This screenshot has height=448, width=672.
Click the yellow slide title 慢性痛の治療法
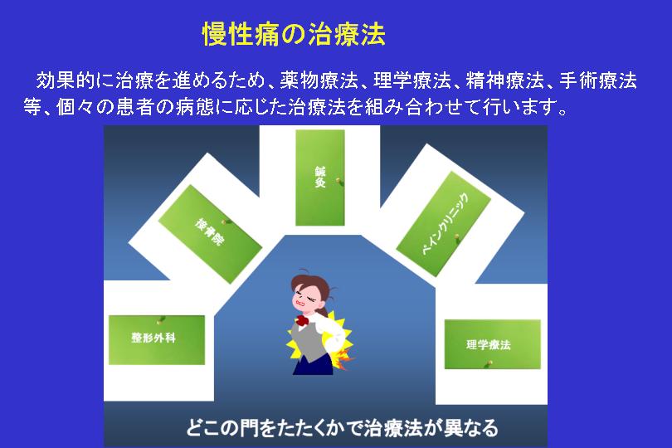pyautogui.click(x=294, y=34)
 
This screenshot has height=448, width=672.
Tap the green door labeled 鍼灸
pyautogui.click(x=320, y=178)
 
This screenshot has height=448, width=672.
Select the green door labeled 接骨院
pyautogui.click(x=210, y=234)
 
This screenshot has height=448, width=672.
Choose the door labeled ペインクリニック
pyautogui.click(x=444, y=224)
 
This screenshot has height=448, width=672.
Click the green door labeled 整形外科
pyautogui.click(x=157, y=340)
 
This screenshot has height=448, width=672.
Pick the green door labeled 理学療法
pyautogui.click(x=493, y=344)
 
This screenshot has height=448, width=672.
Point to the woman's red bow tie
pyautogui.click(x=303, y=320)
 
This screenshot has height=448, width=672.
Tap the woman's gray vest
pyautogui.click(x=309, y=343)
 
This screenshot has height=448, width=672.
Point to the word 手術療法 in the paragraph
pyautogui.click(x=598, y=80)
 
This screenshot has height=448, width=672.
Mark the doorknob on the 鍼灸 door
pyautogui.click(x=339, y=182)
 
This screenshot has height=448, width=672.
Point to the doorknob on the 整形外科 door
pyautogui.click(x=161, y=319)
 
